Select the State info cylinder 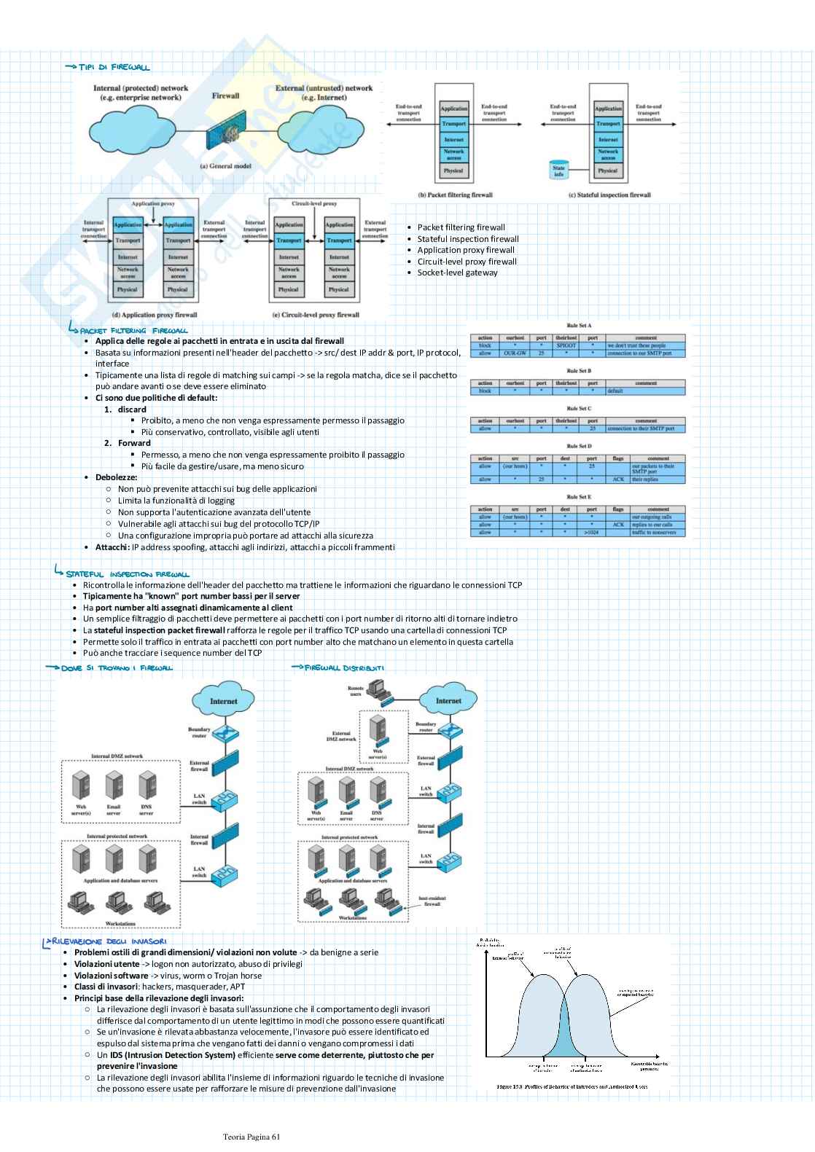pos(558,171)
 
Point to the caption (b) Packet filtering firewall pos(455,195)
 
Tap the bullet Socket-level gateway pos(457,273)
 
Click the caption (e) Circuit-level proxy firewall pos(316,315)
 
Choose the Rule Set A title pos(579,326)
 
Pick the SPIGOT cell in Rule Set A pos(566,345)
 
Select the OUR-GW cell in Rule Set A pos(515,353)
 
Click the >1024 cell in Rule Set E pos(591,533)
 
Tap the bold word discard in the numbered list pos(132,410)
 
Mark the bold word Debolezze pos(116,477)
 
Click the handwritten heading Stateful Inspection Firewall pos(127,574)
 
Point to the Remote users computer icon pos(378,688)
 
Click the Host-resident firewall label pos(432,901)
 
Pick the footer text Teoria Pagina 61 pos(251,1136)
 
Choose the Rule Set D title pos(579,446)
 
